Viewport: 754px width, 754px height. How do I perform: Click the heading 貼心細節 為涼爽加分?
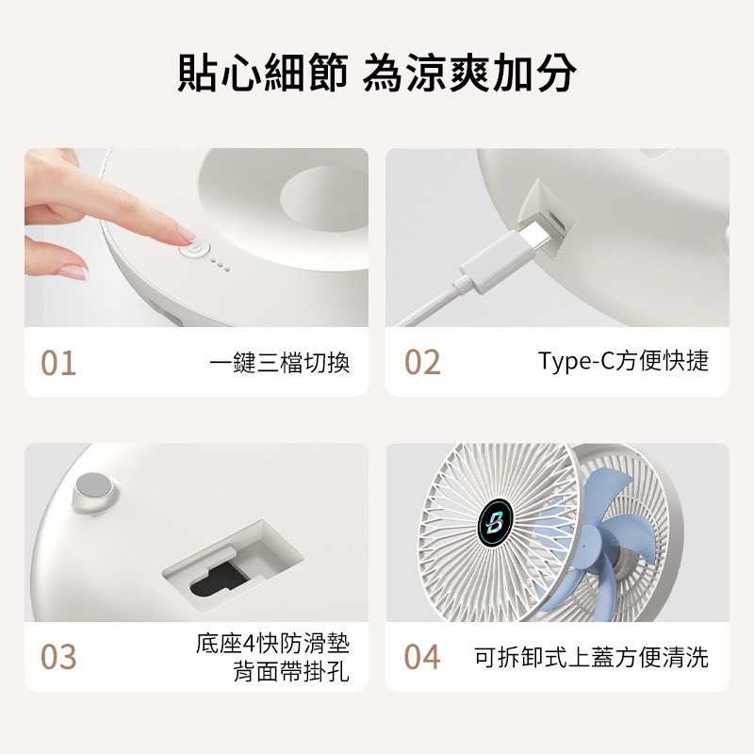377,74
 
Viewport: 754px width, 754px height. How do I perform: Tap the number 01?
58,363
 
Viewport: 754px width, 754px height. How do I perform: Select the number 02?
422,363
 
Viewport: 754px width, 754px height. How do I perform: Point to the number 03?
58,657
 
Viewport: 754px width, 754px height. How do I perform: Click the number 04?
422,657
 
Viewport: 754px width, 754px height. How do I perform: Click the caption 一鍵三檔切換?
279,363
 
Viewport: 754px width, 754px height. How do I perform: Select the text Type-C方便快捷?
623,362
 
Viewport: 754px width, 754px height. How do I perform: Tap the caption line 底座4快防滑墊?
272,645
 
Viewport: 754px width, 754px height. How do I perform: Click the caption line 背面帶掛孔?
290,673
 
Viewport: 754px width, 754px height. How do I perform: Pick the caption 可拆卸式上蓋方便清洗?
591,657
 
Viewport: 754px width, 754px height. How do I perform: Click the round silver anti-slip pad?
94,486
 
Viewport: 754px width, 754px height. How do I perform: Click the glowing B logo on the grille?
495,521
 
